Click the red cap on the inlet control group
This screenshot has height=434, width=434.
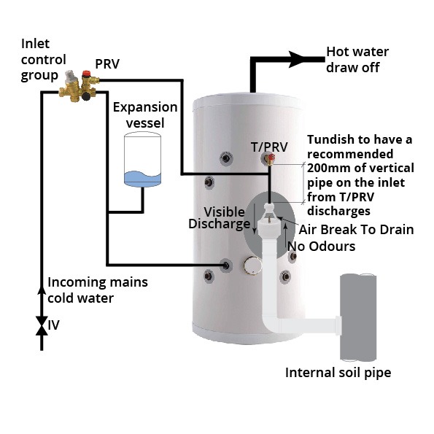(x=86, y=74)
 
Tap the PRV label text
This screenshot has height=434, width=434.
(x=107, y=64)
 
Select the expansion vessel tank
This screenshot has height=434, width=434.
(x=142, y=159)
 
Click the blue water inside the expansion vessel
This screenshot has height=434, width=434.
(x=142, y=179)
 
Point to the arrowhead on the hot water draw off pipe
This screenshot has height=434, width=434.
(x=298, y=59)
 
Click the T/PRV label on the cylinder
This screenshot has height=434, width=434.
(x=269, y=147)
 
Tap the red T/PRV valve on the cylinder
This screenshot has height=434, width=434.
(x=271, y=158)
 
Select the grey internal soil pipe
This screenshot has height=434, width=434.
(x=358, y=317)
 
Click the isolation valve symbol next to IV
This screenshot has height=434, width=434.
(x=42, y=326)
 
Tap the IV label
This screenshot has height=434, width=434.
(x=53, y=325)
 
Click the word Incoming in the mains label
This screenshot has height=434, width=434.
(x=74, y=282)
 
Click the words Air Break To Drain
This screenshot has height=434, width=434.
(x=357, y=230)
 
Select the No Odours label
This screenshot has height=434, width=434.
(x=322, y=247)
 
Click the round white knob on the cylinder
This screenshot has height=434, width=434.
(x=252, y=266)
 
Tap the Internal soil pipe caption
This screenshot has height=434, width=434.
(x=338, y=373)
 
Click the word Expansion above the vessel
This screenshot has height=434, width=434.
(x=145, y=107)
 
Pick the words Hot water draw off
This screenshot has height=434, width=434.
(x=357, y=60)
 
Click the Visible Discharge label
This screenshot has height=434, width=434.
(x=220, y=218)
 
